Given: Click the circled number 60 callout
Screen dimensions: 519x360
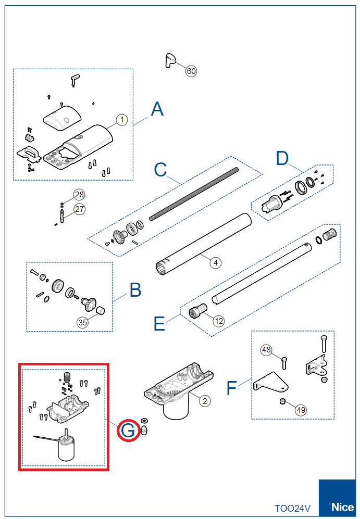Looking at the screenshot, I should click(x=191, y=71).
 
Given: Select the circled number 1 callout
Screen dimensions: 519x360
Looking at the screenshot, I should click(x=121, y=120).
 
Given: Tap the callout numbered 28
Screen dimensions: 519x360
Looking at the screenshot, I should click(x=79, y=195).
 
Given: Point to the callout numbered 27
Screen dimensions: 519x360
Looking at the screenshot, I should click(x=79, y=209).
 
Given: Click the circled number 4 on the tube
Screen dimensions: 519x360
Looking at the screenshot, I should click(x=216, y=262).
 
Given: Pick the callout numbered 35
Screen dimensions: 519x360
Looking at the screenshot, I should click(x=83, y=322).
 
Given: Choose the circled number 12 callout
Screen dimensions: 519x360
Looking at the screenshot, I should click(x=218, y=321).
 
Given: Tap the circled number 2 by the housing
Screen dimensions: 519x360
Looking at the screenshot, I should click(x=205, y=400).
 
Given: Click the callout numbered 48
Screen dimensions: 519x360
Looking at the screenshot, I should click(x=267, y=350).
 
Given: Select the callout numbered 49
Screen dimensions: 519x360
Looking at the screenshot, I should click(x=301, y=410).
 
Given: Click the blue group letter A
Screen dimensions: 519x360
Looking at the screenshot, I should click(x=157, y=109).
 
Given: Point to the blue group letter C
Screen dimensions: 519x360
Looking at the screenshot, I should click(x=160, y=170).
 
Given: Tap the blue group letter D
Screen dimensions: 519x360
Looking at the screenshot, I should click(x=282, y=158).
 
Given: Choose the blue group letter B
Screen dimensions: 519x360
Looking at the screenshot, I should click(x=135, y=290).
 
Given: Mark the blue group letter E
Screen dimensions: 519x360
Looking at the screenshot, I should click(x=159, y=324).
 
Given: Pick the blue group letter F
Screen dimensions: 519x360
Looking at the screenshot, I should click(x=233, y=387).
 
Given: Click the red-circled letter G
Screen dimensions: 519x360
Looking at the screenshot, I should click(x=128, y=431).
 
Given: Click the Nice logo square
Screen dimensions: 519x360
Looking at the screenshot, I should click(x=338, y=499).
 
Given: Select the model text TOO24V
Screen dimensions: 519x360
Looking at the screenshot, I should click(x=293, y=508).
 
